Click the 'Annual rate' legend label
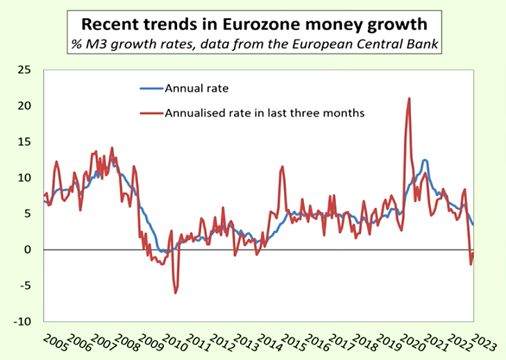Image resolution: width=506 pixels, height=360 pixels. point(196,88)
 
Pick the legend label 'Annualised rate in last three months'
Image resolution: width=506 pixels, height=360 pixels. point(264,112)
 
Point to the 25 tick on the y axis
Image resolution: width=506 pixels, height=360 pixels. point(26,69)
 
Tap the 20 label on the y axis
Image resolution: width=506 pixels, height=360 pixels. point(26,105)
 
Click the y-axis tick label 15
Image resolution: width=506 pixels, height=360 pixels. point(26,142)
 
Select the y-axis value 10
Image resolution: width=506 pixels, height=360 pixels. point(26,178)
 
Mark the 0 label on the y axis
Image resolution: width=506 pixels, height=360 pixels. point(28,250)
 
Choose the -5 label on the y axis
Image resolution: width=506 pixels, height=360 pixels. point(26,286)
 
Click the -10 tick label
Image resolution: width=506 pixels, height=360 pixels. point(24,322)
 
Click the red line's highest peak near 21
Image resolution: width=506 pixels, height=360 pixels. point(409,98)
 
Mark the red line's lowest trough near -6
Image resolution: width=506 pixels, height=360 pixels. point(176,293)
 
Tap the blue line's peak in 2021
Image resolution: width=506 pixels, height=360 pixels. point(425,160)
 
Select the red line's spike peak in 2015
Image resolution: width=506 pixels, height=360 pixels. point(282,166)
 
